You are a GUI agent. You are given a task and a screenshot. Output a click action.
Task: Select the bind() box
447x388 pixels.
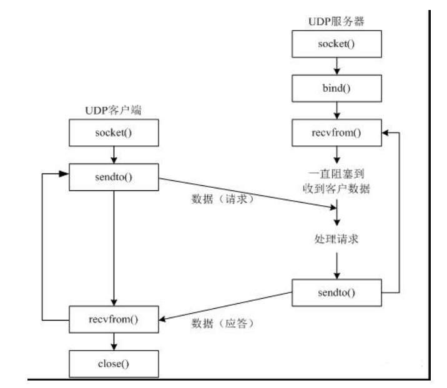337,89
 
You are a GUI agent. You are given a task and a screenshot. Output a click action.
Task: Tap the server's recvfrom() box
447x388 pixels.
337,133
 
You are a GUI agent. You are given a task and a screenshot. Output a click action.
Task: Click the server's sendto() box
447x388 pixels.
337,291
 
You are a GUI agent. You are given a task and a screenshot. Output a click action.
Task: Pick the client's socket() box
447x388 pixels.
114,133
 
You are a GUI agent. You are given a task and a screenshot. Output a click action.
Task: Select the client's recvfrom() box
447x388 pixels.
114,319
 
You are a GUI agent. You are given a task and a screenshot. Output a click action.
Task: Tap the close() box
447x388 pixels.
114,362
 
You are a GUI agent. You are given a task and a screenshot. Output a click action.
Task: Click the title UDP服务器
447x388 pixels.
337,21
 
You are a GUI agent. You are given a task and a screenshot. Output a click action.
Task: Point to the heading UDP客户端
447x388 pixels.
114,110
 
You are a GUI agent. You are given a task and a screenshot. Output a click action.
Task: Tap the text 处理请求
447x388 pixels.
337,239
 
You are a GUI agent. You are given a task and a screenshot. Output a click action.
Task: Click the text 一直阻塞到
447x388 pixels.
337,175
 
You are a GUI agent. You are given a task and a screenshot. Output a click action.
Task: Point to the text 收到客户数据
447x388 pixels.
337,191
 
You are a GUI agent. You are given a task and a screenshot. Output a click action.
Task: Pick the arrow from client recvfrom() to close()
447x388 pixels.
114,341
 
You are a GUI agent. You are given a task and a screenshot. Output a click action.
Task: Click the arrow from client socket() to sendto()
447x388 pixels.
114,155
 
